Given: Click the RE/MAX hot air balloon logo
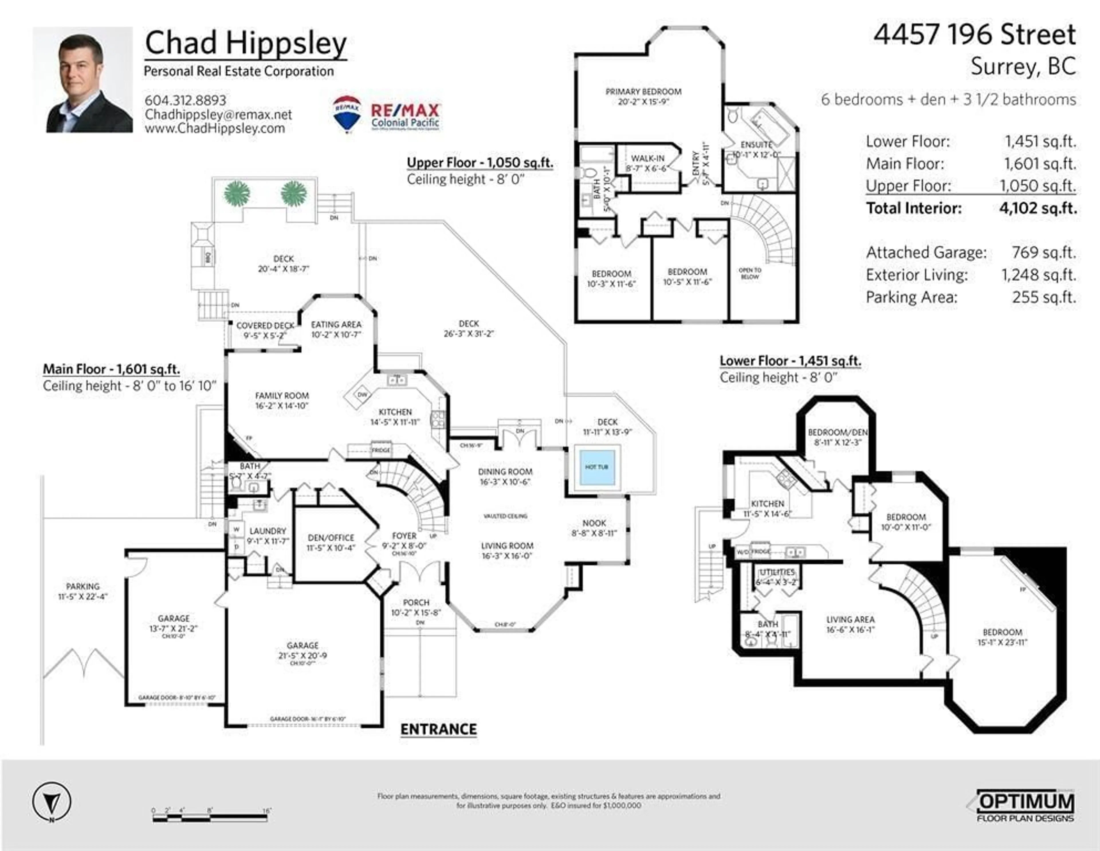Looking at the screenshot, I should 347,114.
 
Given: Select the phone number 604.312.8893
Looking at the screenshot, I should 185,100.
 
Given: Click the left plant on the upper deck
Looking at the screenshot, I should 237,193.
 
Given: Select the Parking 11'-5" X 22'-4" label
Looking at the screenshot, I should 83,591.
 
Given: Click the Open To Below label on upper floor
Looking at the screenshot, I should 750,273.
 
